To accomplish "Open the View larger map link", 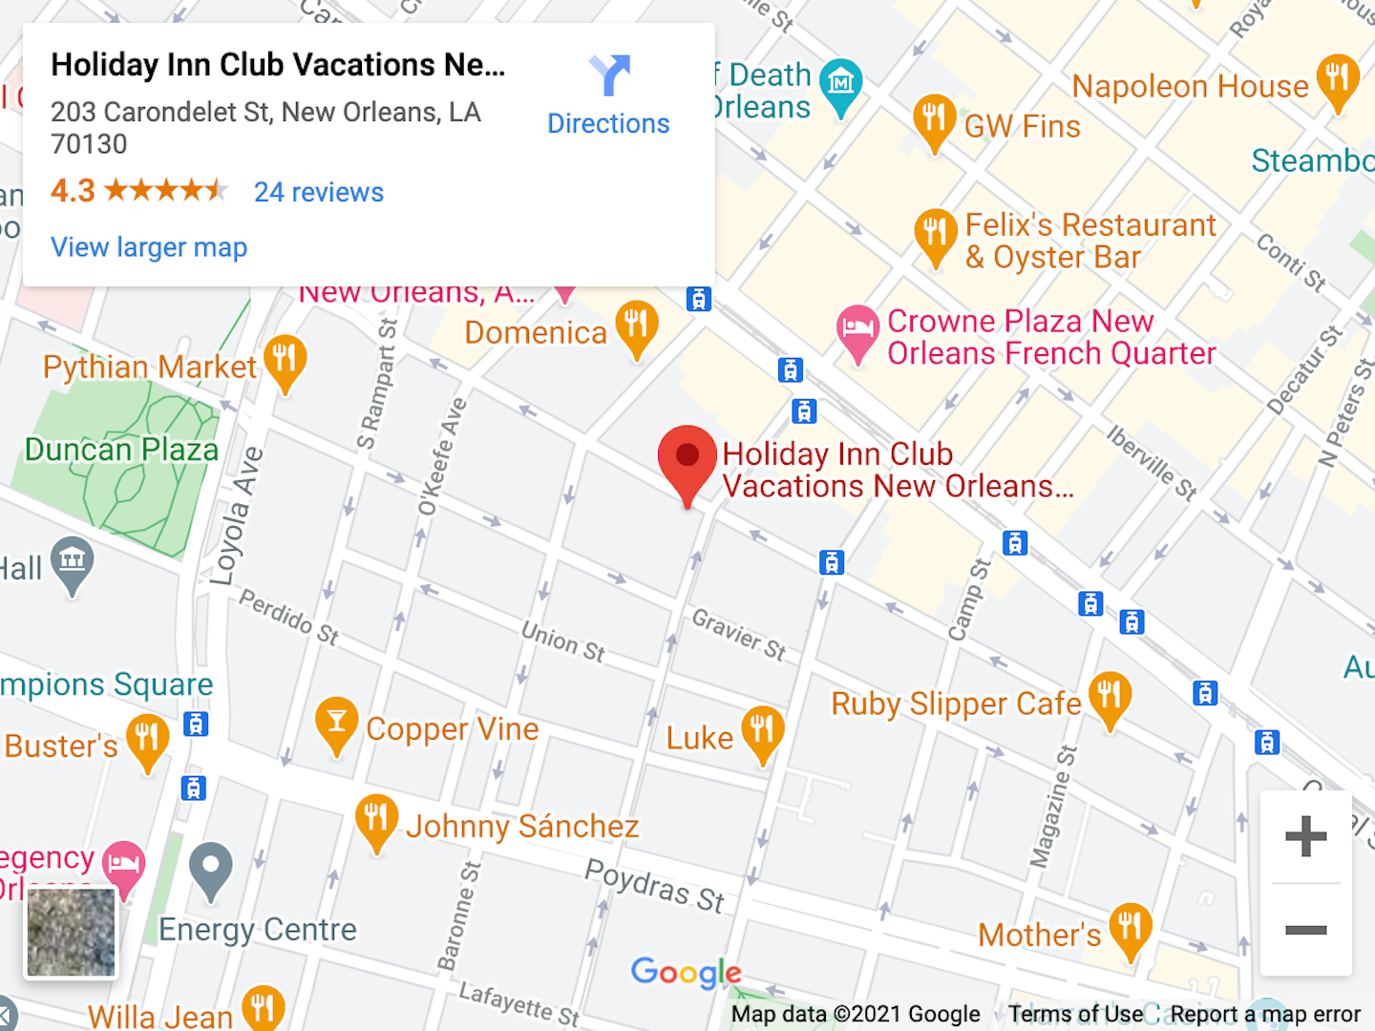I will [x=149, y=247].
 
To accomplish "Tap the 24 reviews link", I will [x=319, y=192].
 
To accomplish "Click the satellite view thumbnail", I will [x=71, y=933].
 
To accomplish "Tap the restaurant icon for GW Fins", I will [x=934, y=119].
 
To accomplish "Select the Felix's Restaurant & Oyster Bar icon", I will [x=935, y=234].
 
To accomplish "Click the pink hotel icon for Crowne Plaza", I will [x=857, y=330].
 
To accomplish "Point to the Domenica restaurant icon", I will [x=637, y=326].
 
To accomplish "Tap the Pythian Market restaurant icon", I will [x=286, y=361].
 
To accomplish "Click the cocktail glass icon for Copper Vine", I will [x=336, y=723].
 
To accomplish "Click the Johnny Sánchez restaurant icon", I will [x=376, y=820].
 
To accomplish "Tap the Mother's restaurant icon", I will [x=1131, y=929].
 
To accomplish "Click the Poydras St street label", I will [x=654, y=886].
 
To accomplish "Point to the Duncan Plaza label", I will [x=121, y=449].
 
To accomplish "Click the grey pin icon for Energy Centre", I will [x=211, y=869].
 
